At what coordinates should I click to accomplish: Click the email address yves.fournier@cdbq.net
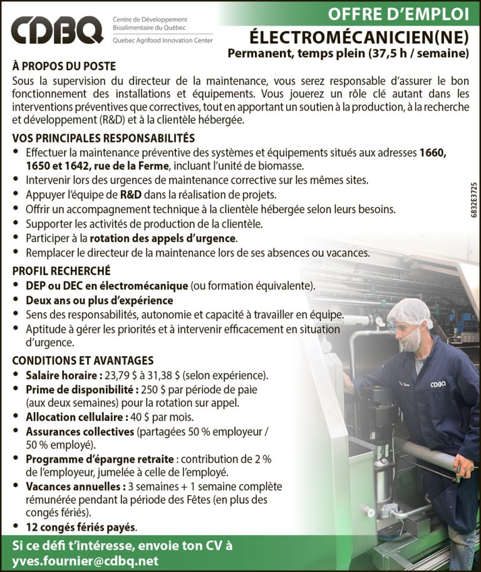[85, 560]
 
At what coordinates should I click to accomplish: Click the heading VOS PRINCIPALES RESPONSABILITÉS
[103, 138]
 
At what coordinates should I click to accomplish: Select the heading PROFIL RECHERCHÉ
[61, 271]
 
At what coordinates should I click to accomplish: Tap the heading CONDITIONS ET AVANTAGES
[83, 361]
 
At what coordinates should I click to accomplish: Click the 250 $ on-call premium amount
[147, 390]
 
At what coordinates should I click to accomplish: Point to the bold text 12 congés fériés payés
[81, 526]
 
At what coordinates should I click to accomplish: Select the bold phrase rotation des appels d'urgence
[163, 238]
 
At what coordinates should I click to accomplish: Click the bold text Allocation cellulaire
[70, 417]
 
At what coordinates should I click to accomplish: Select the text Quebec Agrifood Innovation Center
[162, 41]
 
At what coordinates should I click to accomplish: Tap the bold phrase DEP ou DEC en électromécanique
[106, 286]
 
